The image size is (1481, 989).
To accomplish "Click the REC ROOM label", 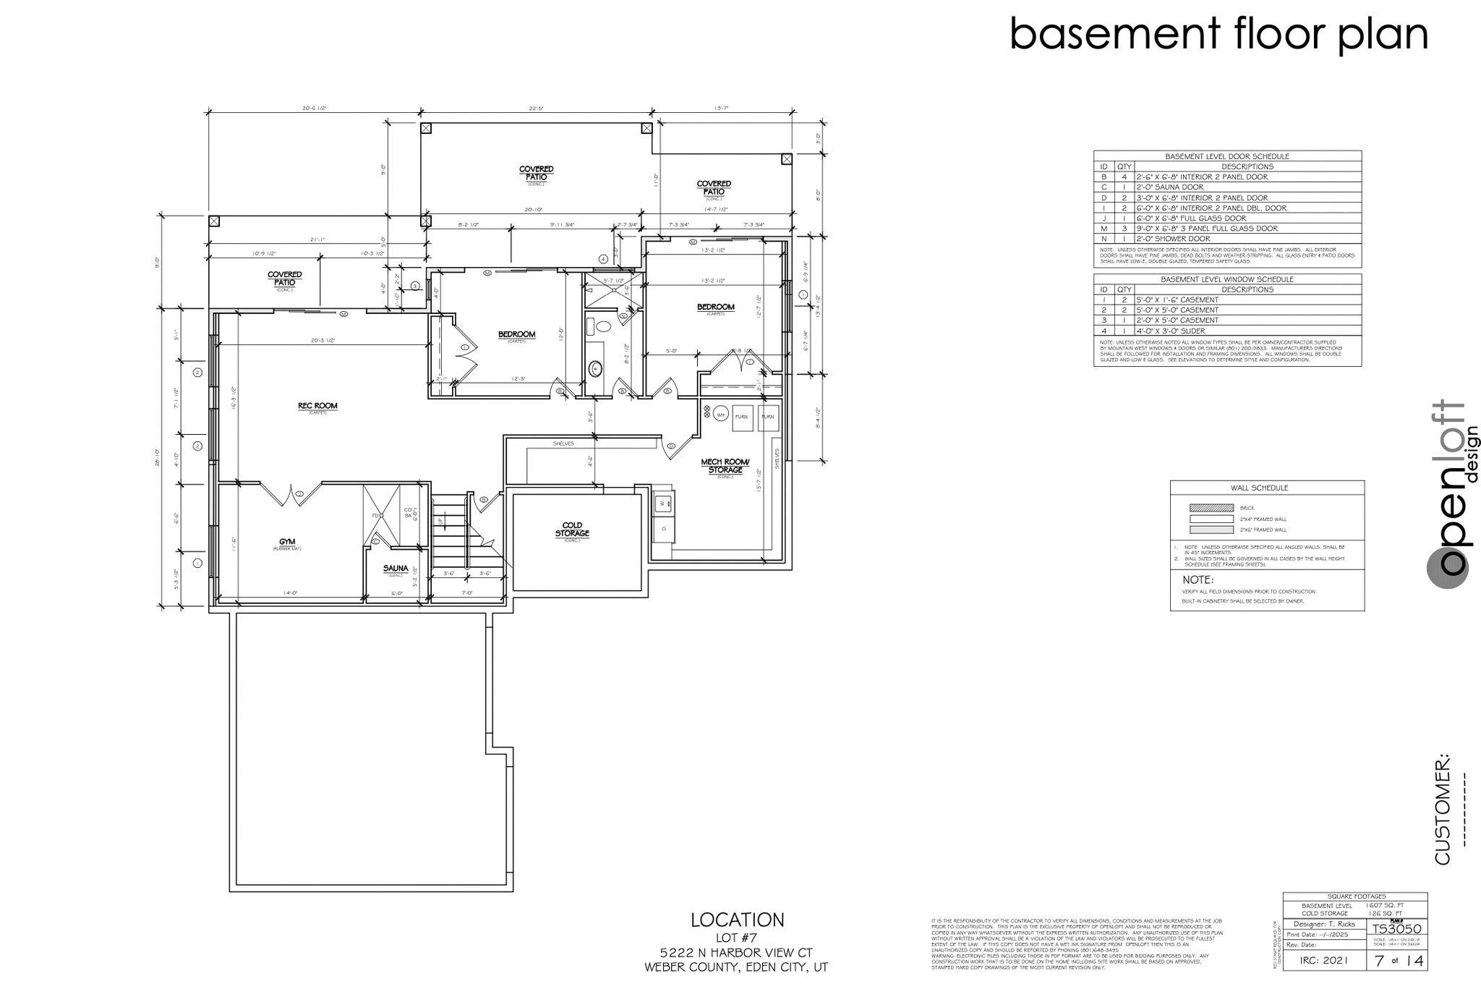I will [317, 406].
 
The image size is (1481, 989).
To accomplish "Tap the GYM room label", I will [286, 542].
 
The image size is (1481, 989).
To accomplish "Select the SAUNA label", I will [396, 569].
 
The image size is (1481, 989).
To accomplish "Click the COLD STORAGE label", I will [572, 530].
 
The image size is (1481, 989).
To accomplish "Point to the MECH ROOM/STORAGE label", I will [725, 466].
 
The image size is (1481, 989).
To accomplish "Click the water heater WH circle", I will [720, 415].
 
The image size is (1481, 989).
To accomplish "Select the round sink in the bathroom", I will [596, 369].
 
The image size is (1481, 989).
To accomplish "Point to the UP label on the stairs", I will [439, 520].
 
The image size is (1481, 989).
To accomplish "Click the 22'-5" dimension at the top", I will [536, 109].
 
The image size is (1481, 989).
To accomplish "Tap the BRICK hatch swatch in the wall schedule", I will [1211, 508].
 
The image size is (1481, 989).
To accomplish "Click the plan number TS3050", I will [1396, 929].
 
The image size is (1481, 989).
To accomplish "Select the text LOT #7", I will [737, 938].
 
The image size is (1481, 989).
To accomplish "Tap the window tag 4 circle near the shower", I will [603, 258].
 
